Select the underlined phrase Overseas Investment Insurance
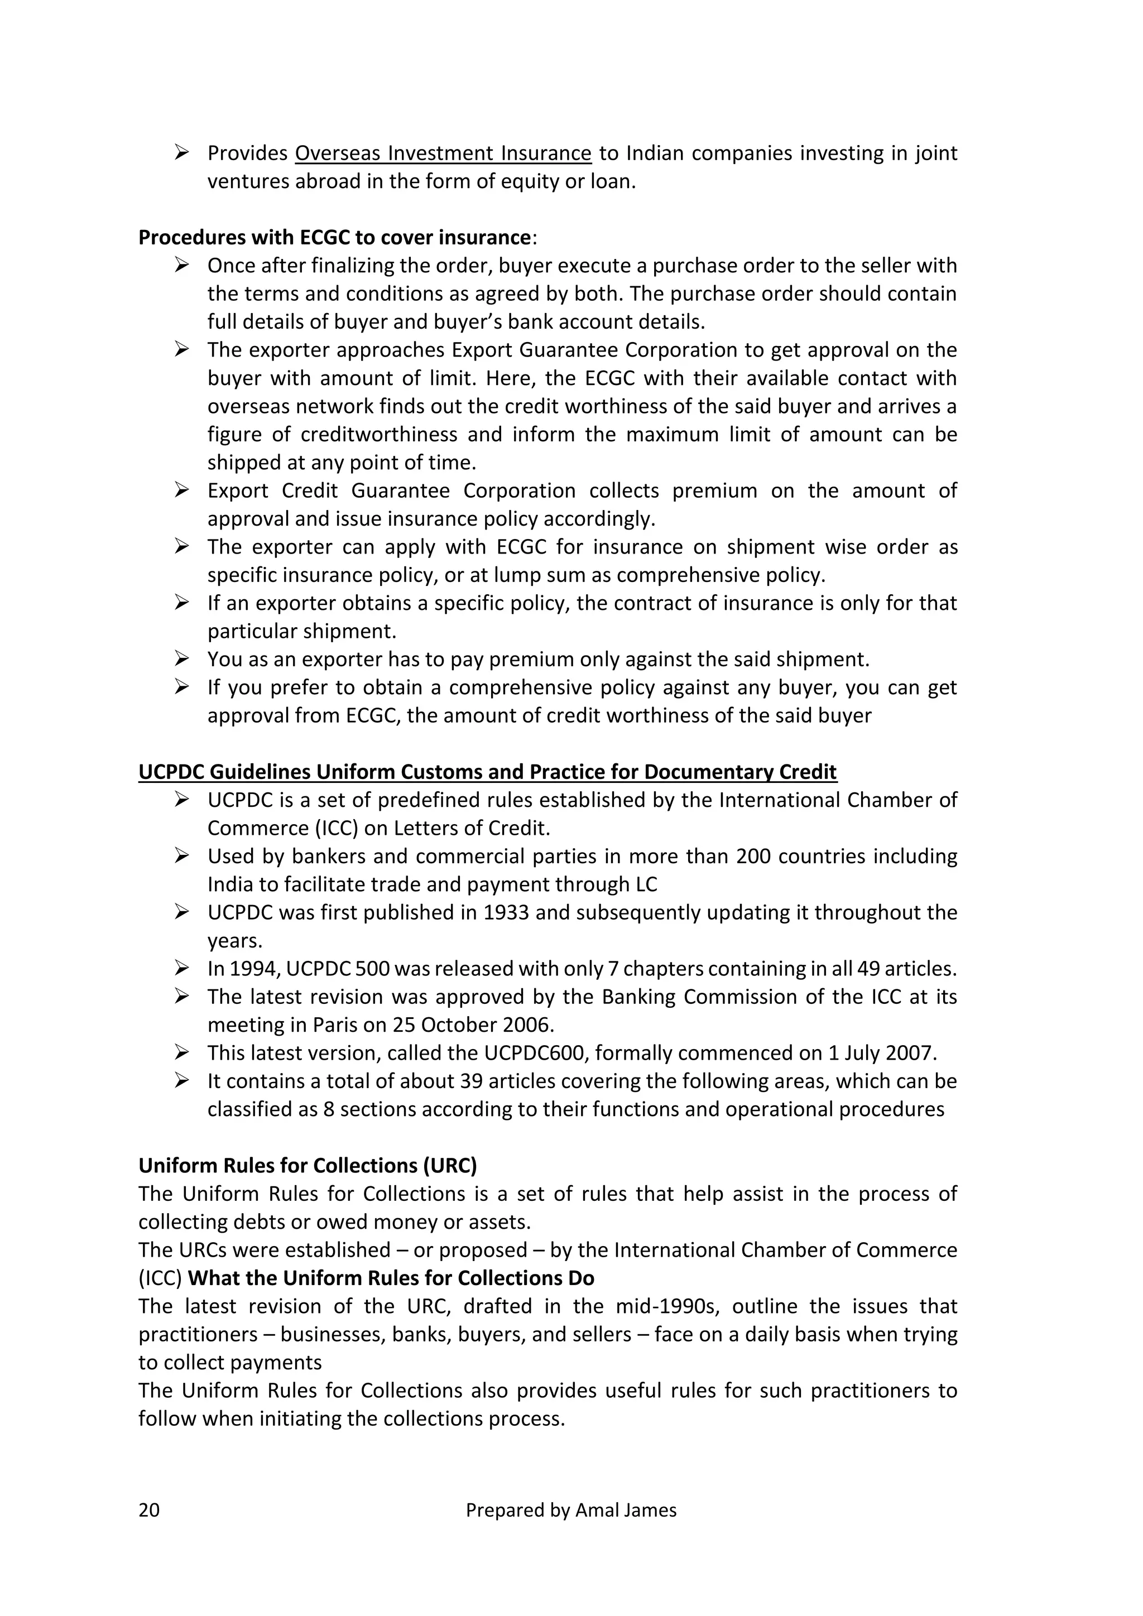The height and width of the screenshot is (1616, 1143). (443, 153)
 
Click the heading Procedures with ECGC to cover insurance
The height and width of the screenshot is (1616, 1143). (334, 238)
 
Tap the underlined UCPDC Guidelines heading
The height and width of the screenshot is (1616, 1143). (487, 772)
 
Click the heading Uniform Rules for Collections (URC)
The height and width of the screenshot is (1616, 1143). (308, 1166)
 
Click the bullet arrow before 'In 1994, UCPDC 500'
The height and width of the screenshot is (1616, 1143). (181, 969)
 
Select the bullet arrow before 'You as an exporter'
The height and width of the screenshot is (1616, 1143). (181, 659)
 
